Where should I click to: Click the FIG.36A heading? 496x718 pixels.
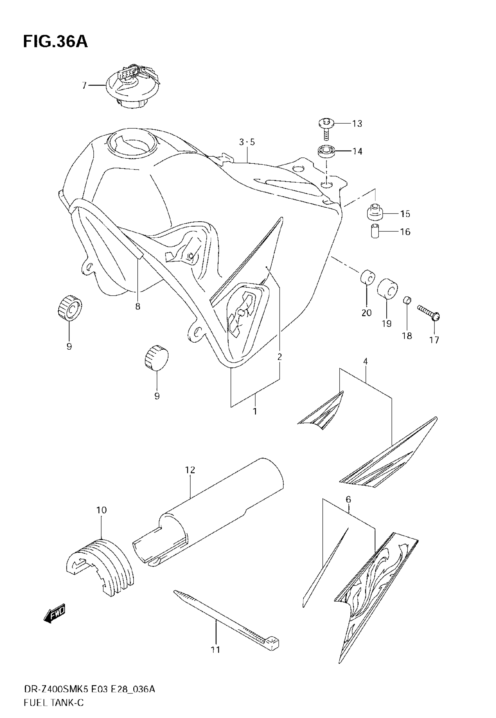point(55,42)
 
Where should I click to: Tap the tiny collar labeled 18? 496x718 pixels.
point(407,300)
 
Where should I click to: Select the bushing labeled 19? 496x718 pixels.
point(387,288)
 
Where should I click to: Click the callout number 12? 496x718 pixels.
point(190,470)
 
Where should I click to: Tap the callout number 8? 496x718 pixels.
point(138,307)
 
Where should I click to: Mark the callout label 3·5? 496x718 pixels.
point(247,142)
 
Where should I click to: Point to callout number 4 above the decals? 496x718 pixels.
point(366,361)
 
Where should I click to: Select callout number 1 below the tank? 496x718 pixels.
point(255,411)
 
